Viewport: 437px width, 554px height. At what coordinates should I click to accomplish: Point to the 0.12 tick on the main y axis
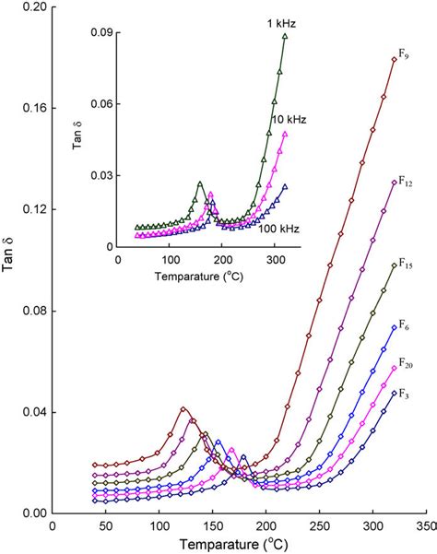(32, 209)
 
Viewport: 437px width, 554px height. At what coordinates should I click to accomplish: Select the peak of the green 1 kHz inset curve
(198, 184)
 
